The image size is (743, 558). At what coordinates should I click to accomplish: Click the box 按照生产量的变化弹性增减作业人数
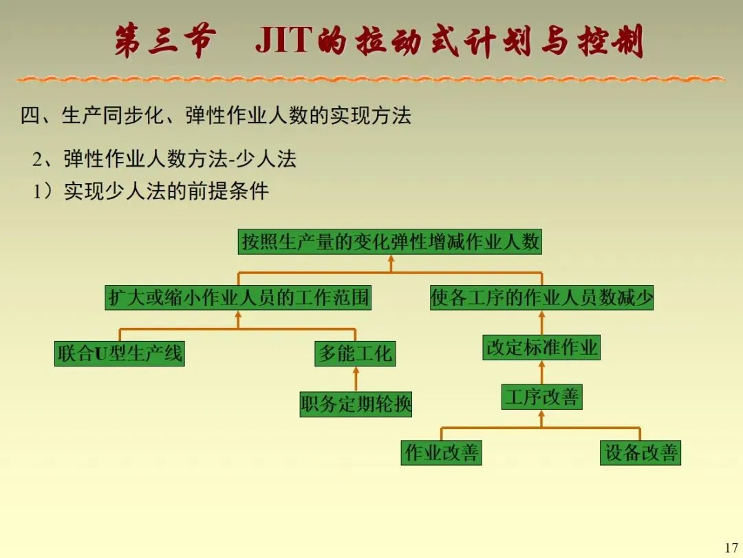(390, 242)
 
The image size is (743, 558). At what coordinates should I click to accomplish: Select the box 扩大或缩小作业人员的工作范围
(238, 298)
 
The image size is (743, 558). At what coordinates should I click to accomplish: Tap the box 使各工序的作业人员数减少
(541, 298)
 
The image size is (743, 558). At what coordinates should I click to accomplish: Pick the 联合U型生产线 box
(120, 353)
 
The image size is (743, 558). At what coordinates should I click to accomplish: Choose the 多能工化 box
(356, 353)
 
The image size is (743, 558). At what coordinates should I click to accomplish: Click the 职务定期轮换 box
(356, 403)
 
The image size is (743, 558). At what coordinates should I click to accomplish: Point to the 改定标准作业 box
(541, 347)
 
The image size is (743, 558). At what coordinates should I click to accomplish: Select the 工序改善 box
(541, 397)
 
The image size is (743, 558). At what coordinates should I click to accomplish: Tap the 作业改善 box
(441, 453)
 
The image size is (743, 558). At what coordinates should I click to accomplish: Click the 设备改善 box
(640, 453)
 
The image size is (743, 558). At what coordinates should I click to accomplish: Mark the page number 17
(731, 548)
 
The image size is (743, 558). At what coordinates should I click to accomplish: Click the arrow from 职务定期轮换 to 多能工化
(356, 379)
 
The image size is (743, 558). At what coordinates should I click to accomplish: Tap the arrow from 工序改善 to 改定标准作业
(541, 372)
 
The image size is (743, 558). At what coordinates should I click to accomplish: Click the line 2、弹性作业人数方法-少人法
(164, 159)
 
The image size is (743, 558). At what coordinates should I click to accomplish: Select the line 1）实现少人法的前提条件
(151, 191)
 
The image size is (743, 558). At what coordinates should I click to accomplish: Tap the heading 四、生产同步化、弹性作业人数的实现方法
(215, 116)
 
